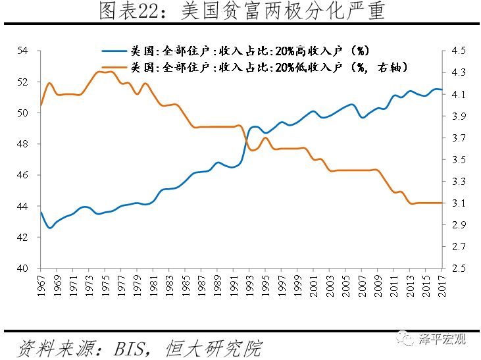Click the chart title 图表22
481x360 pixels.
[x=241, y=12]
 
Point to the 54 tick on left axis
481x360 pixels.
[x=22, y=51]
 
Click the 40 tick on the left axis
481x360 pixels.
[x=22, y=269]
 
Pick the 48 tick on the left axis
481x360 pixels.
[x=22, y=144]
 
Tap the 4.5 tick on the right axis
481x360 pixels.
[x=459, y=51]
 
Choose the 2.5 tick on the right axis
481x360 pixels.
[x=459, y=269]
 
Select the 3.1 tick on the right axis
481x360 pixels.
[x=459, y=203]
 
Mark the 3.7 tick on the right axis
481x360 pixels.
[x=459, y=138]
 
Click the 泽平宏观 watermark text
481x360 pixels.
[x=442, y=340]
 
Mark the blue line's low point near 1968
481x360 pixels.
[x=49, y=228]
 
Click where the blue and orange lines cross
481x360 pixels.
[x=246, y=140]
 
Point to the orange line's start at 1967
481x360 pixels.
[x=41, y=105]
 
